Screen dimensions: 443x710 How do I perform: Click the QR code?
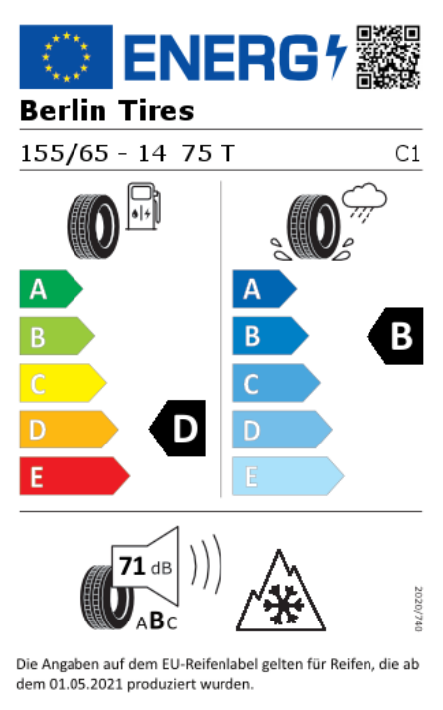tap(387, 57)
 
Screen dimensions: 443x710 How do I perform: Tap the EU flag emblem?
tap(67, 57)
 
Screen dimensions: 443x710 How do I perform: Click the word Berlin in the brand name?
tap(63, 111)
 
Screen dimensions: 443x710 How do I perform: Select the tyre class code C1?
tap(407, 154)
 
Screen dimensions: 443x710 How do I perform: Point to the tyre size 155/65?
tap(65, 153)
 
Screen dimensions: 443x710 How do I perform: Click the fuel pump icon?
tap(143, 206)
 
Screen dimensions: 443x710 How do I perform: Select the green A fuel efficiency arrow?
tap(51, 289)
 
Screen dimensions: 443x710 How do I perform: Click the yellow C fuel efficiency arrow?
tap(63, 383)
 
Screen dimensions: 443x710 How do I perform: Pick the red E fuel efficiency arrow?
tap(74, 476)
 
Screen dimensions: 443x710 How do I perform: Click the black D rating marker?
tap(177, 428)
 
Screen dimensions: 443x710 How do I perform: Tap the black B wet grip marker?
tap(395, 336)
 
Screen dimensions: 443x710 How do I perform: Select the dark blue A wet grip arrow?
tap(265, 289)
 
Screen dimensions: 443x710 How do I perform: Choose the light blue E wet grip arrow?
tap(288, 476)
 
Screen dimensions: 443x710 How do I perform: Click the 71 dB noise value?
tap(145, 567)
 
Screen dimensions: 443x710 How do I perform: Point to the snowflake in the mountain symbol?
tap(283, 604)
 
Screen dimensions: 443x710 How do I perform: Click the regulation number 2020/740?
tap(418, 609)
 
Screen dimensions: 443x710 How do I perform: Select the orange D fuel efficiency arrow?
tap(69, 430)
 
